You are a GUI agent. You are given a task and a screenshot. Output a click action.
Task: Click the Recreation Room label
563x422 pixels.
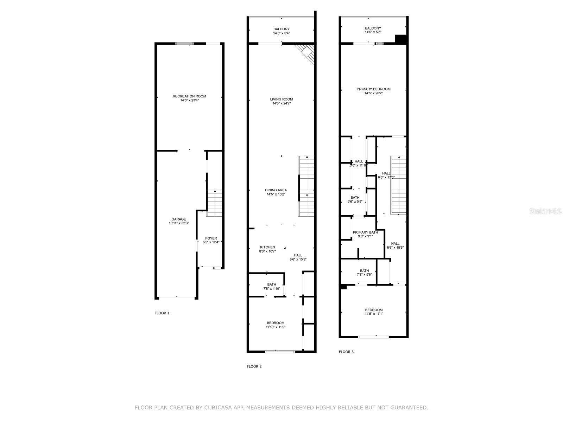[x=189, y=96]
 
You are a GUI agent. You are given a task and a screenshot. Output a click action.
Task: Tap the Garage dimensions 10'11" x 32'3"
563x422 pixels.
[x=179, y=223]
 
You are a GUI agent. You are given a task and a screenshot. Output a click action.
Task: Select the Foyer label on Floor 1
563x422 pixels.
[x=211, y=238]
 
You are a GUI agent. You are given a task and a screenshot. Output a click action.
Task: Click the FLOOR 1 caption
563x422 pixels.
[x=162, y=313]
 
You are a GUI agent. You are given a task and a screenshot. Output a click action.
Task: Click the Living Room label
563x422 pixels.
[x=281, y=99]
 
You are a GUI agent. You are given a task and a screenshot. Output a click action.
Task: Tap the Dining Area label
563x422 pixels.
[x=276, y=190]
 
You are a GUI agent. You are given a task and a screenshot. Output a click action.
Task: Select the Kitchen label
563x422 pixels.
[x=267, y=247]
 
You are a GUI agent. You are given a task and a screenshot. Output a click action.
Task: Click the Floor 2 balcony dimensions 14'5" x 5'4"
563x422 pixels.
[x=281, y=33]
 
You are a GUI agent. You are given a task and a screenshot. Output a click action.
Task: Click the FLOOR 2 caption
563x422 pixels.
[x=254, y=366]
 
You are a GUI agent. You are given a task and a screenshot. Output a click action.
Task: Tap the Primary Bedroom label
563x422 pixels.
[x=373, y=89]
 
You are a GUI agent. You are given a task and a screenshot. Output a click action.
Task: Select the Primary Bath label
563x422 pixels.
[x=365, y=232]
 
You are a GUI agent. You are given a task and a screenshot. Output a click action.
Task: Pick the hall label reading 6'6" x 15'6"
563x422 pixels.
[x=395, y=248]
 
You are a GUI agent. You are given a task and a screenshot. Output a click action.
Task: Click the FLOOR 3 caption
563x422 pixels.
[x=346, y=352]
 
